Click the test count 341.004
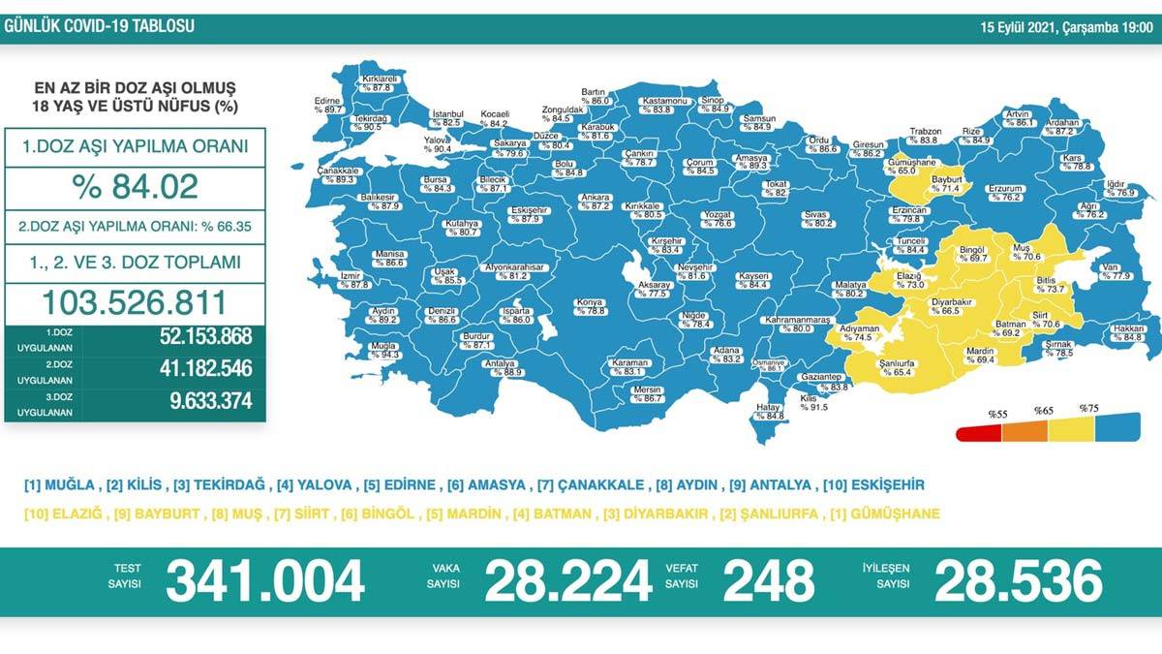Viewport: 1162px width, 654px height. pos(264,581)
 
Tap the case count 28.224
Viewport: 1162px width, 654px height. pos(567,581)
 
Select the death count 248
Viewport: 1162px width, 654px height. pos(768,581)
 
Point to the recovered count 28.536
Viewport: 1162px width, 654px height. pos(1018,581)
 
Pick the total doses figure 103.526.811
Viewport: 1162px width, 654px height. pos(135,302)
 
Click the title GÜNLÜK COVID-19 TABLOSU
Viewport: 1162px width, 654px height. pos(99,26)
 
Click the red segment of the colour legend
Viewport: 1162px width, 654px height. pos(978,433)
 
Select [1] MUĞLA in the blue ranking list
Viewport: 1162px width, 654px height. pos(60,484)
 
